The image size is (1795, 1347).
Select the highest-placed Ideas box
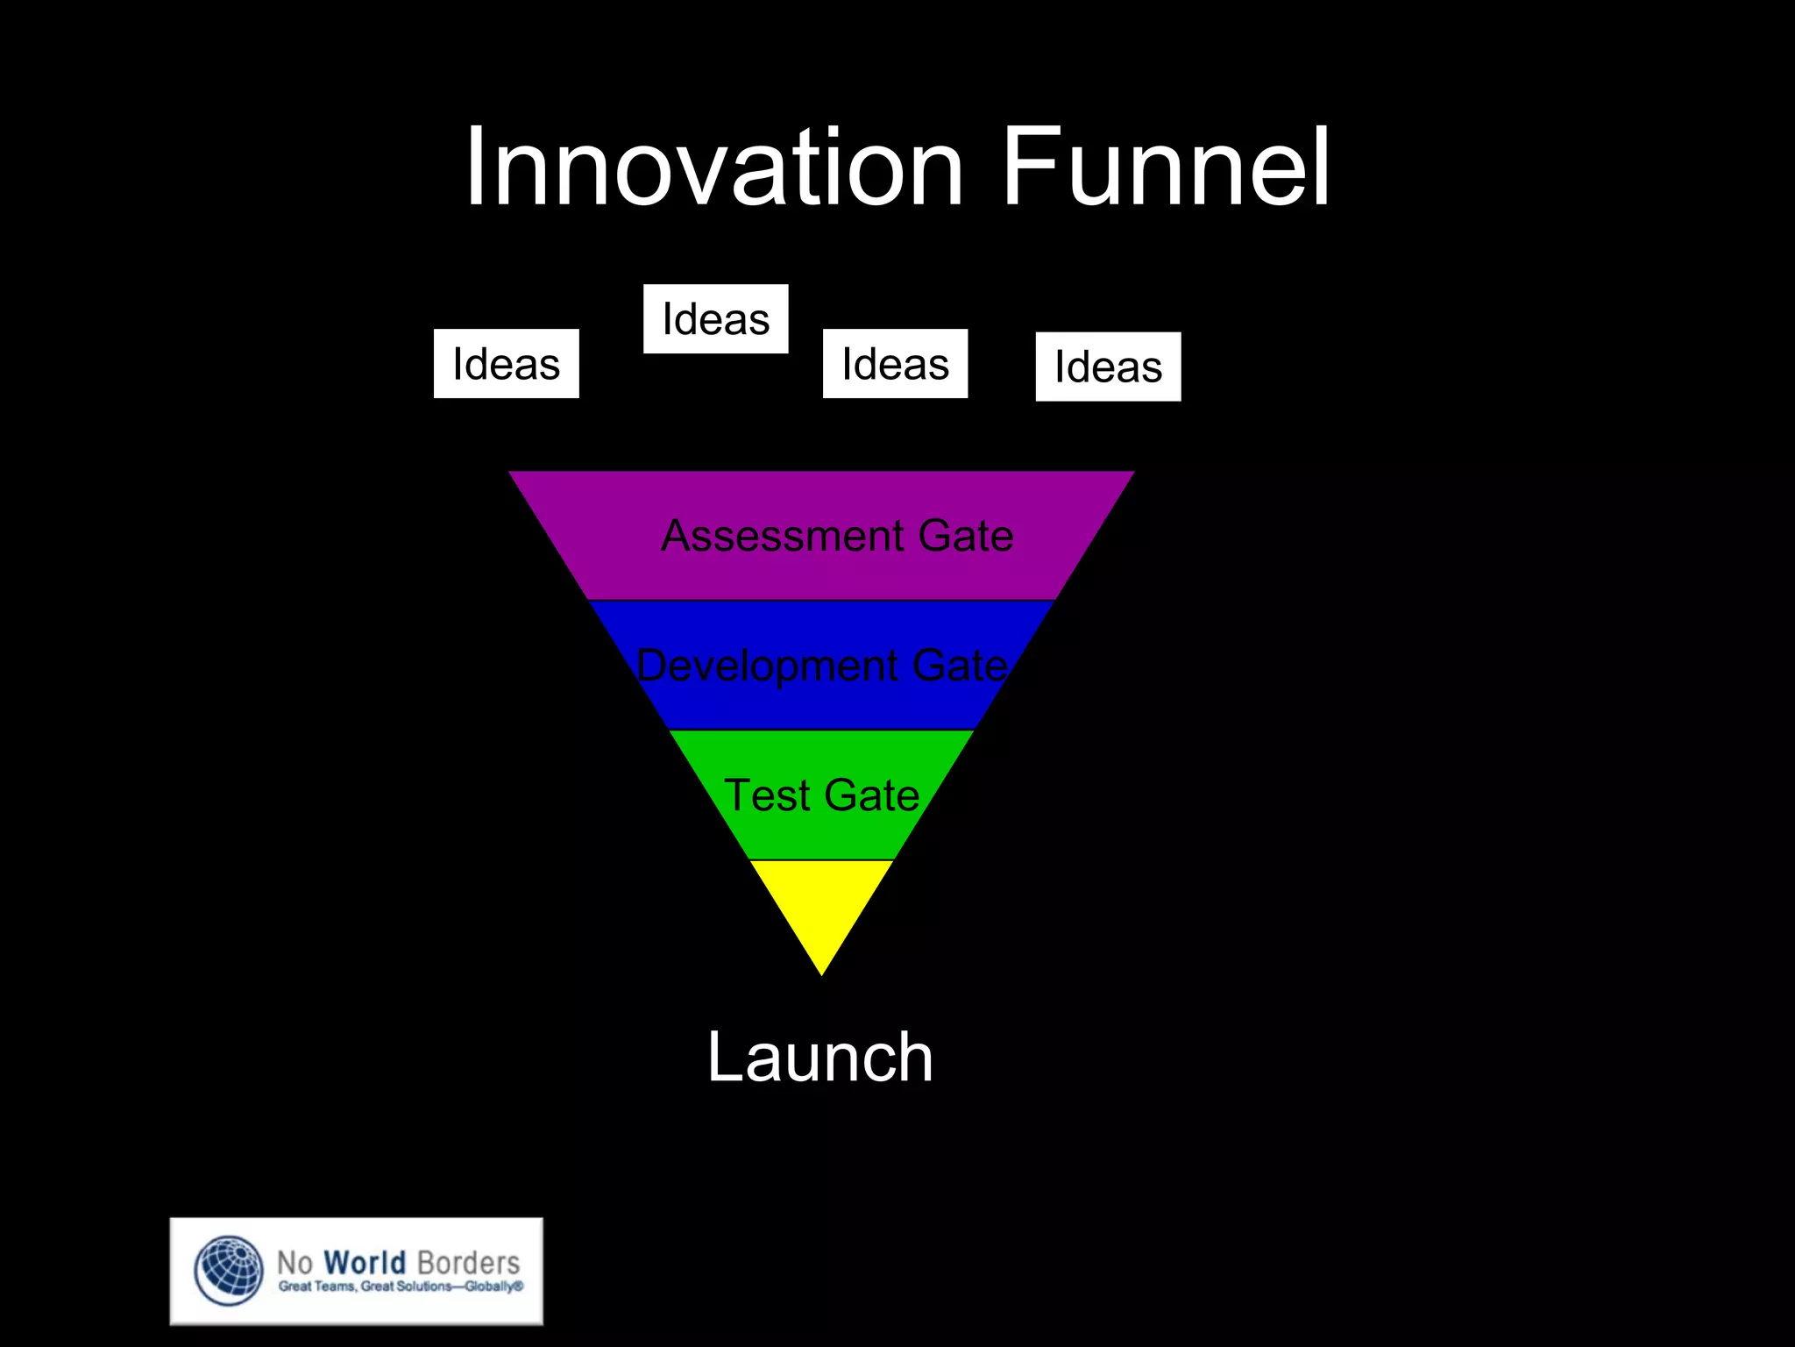tap(715, 319)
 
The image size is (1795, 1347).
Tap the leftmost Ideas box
tap(506, 364)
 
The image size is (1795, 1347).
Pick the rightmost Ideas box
tap(1108, 367)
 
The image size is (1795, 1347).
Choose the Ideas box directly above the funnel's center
tap(895, 364)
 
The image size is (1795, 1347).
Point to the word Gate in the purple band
tap(966, 536)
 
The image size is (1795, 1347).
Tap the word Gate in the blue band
tap(961, 666)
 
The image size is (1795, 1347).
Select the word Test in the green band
tap(766, 795)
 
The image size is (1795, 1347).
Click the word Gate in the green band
tap(872, 795)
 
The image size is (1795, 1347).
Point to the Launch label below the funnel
tap(820, 1058)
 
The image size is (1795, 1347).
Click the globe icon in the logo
tap(229, 1271)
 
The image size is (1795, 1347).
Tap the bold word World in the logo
tap(365, 1263)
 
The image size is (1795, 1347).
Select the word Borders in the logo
tap(468, 1263)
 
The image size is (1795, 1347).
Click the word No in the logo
tap(294, 1264)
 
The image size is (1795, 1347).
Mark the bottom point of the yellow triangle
tap(821, 973)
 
